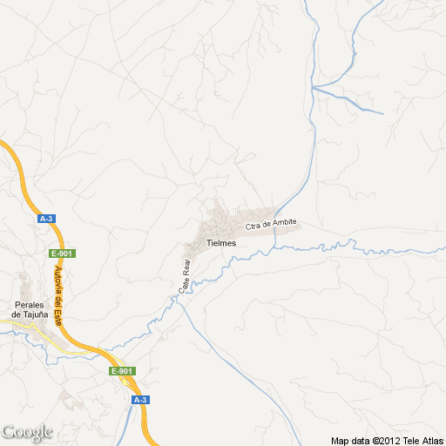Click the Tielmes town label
click(x=221, y=243)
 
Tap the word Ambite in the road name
click(x=285, y=223)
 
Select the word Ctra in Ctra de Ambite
click(x=253, y=227)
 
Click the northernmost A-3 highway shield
click(x=47, y=220)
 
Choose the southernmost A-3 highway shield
click(x=139, y=399)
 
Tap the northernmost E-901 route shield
click(x=61, y=253)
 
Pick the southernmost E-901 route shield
click(x=122, y=371)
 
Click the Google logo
click(x=27, y=432)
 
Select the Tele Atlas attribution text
click(x=423, y=440)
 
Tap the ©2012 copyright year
click(x=387, y=440)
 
